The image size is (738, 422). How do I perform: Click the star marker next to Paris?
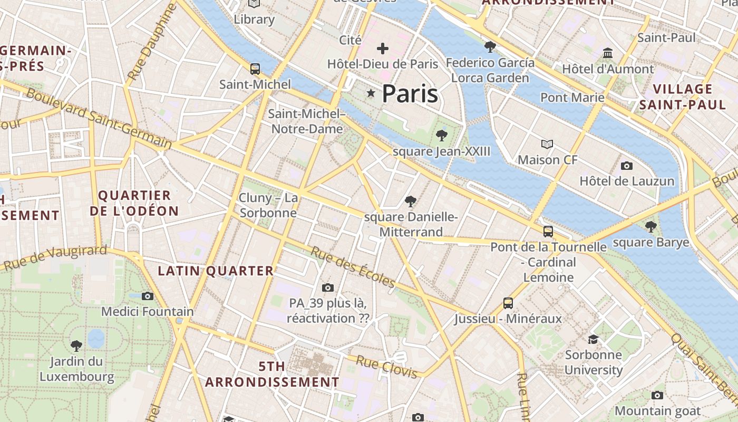[371, 93]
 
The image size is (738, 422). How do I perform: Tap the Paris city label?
[410, 94]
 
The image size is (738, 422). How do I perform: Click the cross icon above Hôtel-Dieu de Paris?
[383, 49]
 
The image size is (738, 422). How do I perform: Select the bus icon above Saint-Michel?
[255, 69]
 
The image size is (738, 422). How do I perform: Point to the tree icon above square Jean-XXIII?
[442, 136]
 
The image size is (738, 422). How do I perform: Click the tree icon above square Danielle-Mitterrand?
[411, 201]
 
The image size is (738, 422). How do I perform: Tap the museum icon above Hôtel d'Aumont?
[608, 53]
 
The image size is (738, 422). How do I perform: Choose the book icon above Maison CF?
[548, 144]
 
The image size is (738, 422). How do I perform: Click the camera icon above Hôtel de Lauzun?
[627, 166]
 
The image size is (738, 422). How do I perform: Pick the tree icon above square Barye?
[651, 227]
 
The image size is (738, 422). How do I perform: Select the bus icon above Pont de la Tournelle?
[548, 231]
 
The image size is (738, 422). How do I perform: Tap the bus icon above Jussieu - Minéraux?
[508, 303]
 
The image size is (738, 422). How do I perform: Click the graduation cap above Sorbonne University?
[594, 339]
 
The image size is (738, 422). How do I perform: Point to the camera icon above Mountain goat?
[657, 395]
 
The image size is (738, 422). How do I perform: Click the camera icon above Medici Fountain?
[148, 296]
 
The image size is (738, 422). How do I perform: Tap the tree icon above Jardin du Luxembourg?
[76, 346]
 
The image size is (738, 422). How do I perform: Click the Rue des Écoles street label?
[352, 267]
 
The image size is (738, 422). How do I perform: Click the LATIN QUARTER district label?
[216, 271]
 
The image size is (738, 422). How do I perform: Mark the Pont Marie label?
[572, 98]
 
